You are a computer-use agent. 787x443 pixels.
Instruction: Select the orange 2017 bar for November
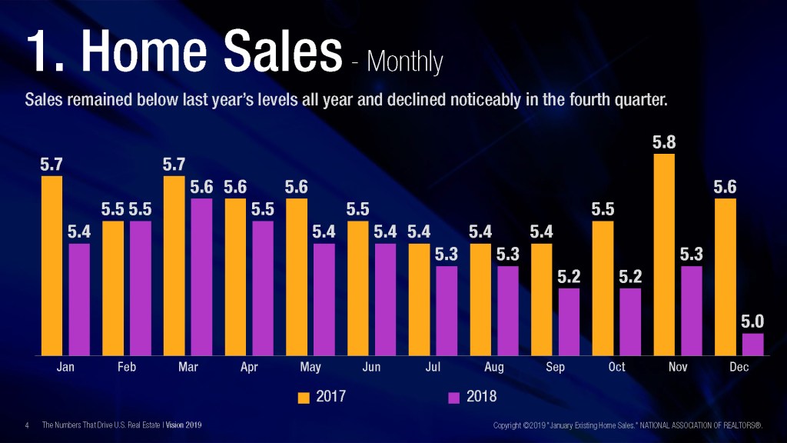click(664, 255)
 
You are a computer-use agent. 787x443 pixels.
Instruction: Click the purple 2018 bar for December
click(753, 345)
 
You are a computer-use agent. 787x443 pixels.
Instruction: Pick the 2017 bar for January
click(51, 265)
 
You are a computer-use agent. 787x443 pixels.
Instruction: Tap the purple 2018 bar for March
click(201, 277)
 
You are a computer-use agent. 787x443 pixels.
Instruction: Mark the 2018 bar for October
click(630, 321)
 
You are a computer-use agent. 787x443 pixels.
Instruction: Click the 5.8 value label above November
click(664, 142)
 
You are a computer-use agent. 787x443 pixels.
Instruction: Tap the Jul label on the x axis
click(433, 368)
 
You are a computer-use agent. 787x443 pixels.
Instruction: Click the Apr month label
click(249, 368)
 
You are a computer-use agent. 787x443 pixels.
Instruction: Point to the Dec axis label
click(739, 368)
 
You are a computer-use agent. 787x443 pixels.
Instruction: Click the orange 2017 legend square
click(304, 398)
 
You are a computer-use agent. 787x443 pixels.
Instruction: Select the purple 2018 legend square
click(453, 398)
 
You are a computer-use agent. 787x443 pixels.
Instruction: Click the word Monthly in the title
click(405, 62)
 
